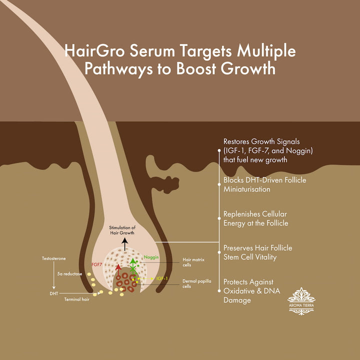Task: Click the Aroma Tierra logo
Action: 301,301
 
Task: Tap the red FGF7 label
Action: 96,264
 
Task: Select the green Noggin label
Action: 151,257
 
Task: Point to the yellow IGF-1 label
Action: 162,278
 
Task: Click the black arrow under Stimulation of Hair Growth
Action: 124,244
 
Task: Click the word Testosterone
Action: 53,258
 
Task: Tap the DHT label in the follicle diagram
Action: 54,293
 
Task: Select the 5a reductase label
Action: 69,274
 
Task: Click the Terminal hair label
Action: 76,299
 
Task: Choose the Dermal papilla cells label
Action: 197,283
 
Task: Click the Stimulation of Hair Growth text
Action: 122,230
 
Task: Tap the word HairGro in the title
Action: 94,50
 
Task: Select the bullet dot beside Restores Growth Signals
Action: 219,150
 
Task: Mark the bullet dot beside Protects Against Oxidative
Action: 219,291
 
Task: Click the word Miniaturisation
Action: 247,189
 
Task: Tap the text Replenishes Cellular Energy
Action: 255,218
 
